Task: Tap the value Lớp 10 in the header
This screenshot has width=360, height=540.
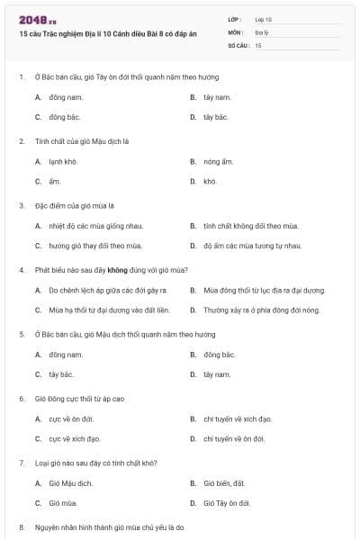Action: click(x=263, y=19)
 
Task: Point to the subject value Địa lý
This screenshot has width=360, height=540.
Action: click(x=261, y=31)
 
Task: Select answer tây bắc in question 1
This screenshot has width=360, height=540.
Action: click(x=217, y=97)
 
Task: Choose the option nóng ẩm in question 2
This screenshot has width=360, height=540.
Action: click(x=218, y=161)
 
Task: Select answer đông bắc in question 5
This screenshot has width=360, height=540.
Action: click(x=219, y=355)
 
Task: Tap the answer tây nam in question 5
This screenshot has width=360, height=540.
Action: click(x=217, y=374)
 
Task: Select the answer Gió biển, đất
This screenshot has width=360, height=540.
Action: click(x=225, y=483)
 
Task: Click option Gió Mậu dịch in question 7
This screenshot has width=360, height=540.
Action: click(x=71, y=483)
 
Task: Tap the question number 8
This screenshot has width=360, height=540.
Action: click(x=22, y=526)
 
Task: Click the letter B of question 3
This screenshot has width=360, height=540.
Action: click(x=193, y=226)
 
